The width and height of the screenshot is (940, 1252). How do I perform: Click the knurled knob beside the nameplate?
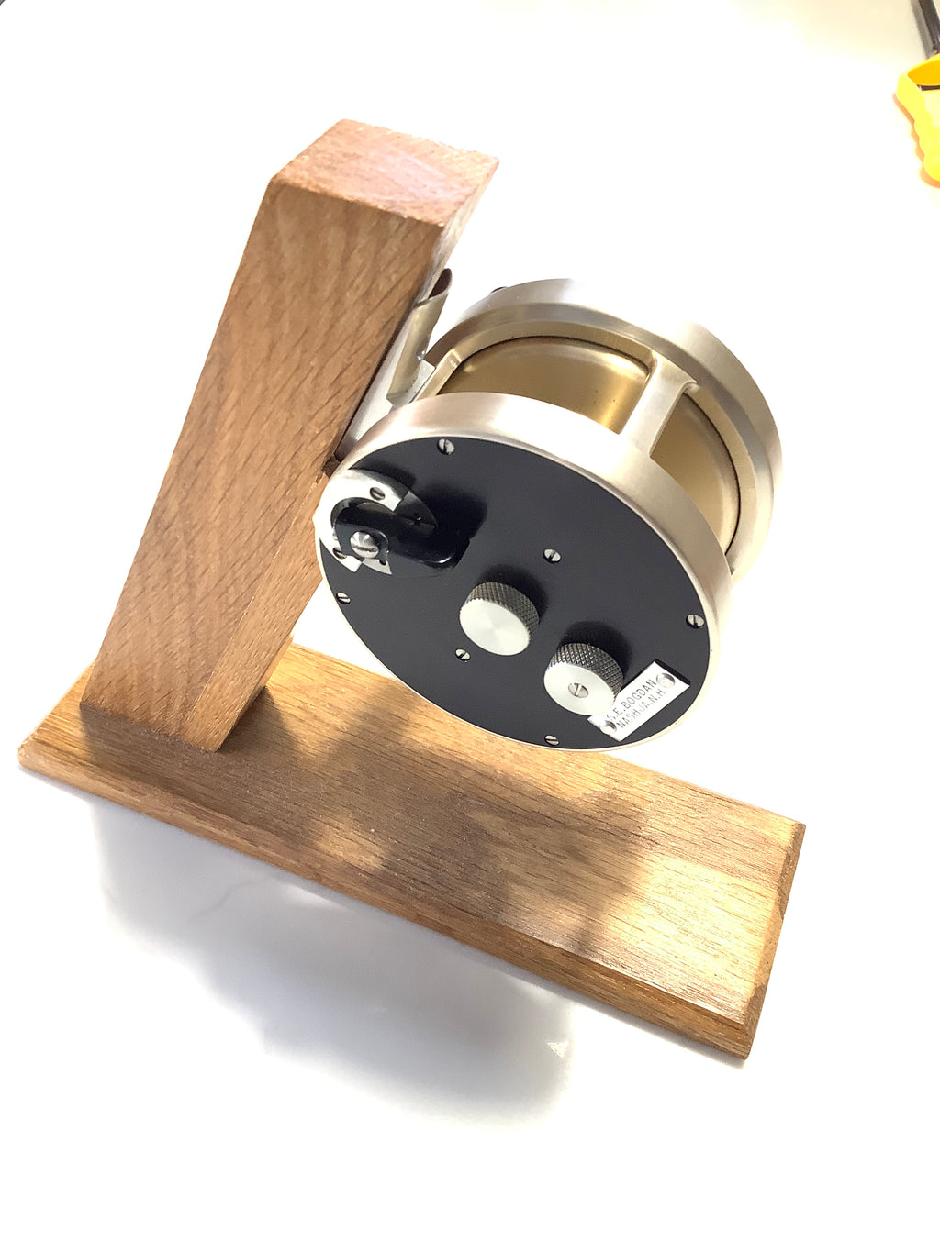582,673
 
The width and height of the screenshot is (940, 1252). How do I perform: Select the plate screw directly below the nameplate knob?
548,739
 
